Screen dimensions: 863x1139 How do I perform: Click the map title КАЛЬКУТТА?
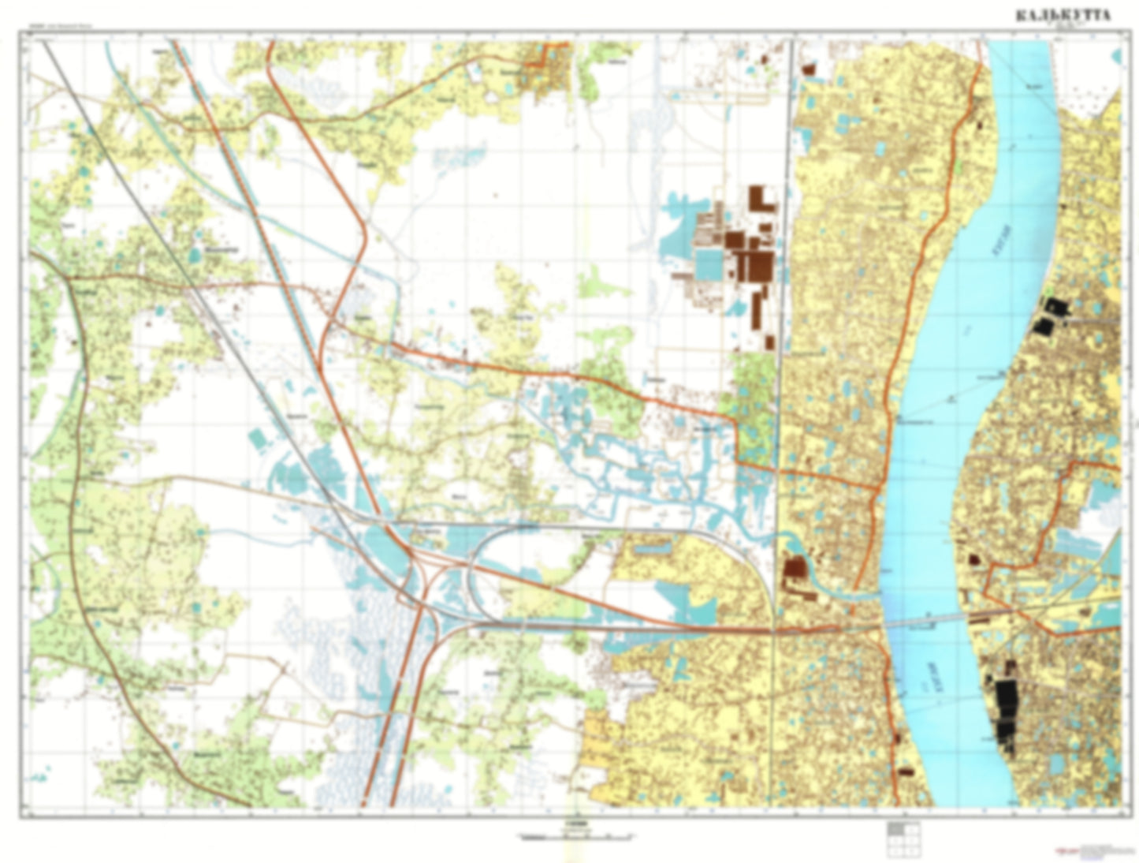(x=1063, y=16)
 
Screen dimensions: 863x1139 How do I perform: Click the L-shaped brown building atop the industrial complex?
(x=761, y=198)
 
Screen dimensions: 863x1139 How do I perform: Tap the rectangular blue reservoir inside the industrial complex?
(x=709, y=263)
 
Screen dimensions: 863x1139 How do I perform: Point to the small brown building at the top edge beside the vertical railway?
(x=808, y=69)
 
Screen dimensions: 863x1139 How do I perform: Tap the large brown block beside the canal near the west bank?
(x=795, y=568)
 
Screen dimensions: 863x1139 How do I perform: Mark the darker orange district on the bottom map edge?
(x=599, y=757)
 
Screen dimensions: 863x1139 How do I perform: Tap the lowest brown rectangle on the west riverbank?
(x=906, y=770)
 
